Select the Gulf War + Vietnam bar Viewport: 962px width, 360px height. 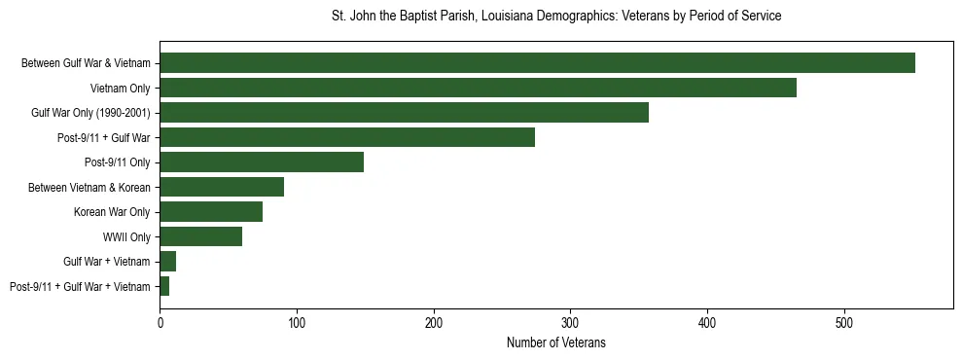(168, 262)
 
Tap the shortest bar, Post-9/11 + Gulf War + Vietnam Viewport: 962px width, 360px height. (164, 286)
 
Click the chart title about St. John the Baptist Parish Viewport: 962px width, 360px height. (556, 17)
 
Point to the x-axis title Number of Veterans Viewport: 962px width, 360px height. (556, 342)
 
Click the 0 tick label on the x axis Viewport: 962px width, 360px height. (160, 322)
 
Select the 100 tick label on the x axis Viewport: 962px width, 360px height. (297, 322)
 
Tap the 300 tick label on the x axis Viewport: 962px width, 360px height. (570, 322)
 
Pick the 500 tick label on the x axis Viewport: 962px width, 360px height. (844, 322)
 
